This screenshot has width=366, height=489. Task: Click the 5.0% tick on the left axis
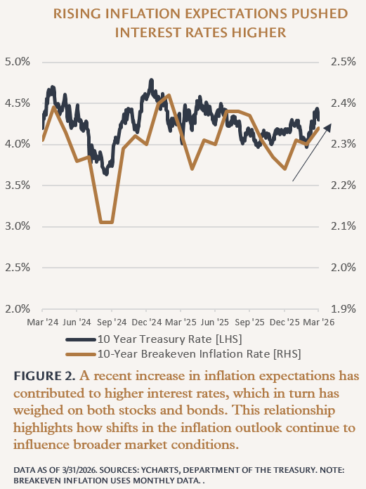click(18, 62)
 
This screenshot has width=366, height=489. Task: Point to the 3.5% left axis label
click(18, 185)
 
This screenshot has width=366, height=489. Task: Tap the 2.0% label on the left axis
click(18, 308)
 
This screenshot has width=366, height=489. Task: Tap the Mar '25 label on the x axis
click(181, 322)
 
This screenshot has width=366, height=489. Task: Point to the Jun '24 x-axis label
click(77, 322)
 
